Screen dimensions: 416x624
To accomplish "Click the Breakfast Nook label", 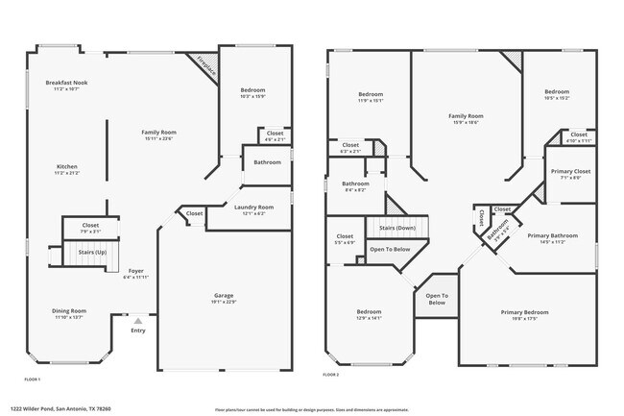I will tap(66, 84).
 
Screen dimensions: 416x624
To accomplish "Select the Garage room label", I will tap(224, 295).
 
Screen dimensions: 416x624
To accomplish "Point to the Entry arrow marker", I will tap(138, 322).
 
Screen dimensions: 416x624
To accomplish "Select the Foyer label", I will tap(136, 271).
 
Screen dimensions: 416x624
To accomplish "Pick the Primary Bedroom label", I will tap(524, 312).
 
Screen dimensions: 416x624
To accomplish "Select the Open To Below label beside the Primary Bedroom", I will tap(436, 299).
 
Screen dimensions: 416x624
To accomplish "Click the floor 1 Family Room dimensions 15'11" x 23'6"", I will tap(159, 137).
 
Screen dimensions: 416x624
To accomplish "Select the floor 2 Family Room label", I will tap(466, 116).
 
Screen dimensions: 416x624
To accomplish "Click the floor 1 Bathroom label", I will tap(267, 162).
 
